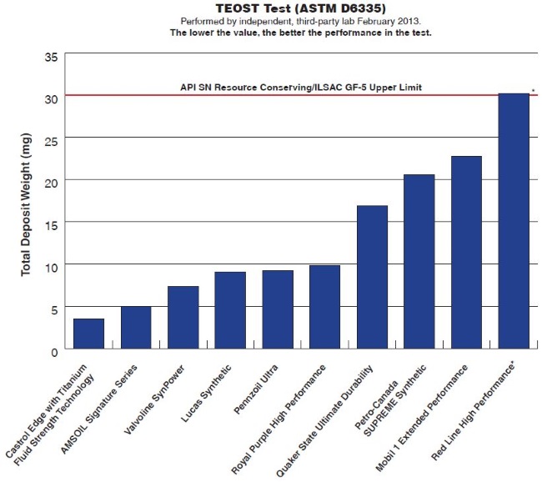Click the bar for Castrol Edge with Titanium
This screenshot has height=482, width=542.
pos(88,334)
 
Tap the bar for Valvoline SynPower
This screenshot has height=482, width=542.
pos(183,318)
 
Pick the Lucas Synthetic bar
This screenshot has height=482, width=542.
pos(230,310)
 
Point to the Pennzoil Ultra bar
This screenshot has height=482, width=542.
pos(278,309)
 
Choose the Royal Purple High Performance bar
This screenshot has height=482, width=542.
pos(324,307)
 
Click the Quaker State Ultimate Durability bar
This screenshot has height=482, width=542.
pos(372,277)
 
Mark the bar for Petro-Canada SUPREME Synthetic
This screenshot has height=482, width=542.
pos(419,262)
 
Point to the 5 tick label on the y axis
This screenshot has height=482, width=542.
pos(54,309)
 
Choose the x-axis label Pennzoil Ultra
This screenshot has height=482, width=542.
pos(259,389)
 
